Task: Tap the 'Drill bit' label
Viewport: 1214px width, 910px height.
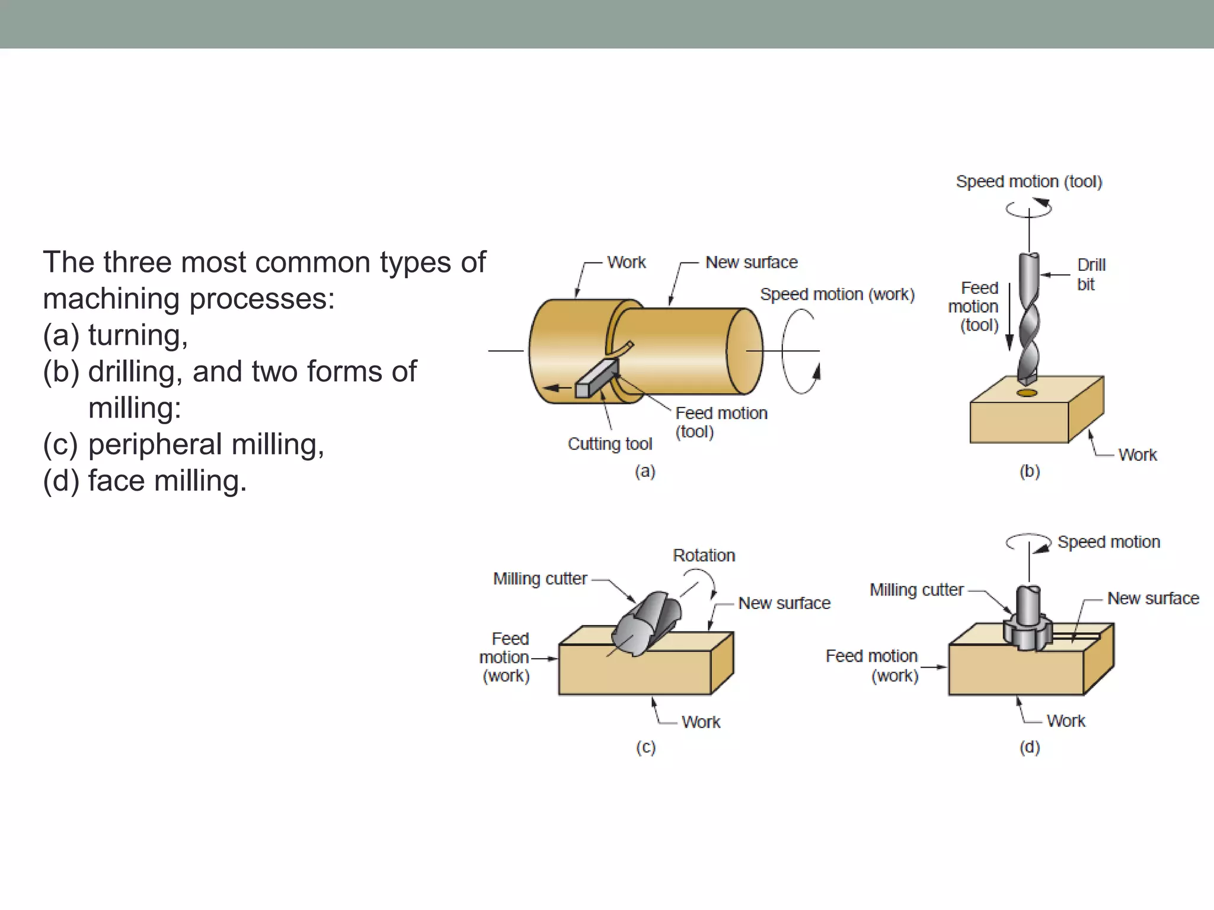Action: coord(1091,274)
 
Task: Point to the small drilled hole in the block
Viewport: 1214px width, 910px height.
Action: coord(1027,393)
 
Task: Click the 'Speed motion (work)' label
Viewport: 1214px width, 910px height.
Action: coord(837,294)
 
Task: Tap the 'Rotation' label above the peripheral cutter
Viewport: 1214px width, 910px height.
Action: coord(704,556)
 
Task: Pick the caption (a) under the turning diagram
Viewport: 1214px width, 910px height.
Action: coord(645,472)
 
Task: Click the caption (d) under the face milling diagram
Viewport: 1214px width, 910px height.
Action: coord(1030,747)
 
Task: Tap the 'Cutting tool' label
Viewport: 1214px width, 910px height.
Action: coord(609,444)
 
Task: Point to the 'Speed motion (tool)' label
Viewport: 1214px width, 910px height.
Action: coord(1028,182)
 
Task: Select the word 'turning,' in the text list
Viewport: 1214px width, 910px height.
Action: coord(138,335)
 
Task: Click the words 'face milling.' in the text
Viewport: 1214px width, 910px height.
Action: coord(167,480)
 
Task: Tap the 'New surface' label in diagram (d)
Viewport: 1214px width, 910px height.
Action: coord(1152,598)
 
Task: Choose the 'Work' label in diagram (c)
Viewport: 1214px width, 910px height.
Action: coord(701,722)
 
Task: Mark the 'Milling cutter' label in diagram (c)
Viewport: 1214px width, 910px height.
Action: coord(540,579)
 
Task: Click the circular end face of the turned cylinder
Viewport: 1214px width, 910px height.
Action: coord(745,351)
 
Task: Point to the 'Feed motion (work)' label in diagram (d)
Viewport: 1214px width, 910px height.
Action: coord(871,666)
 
